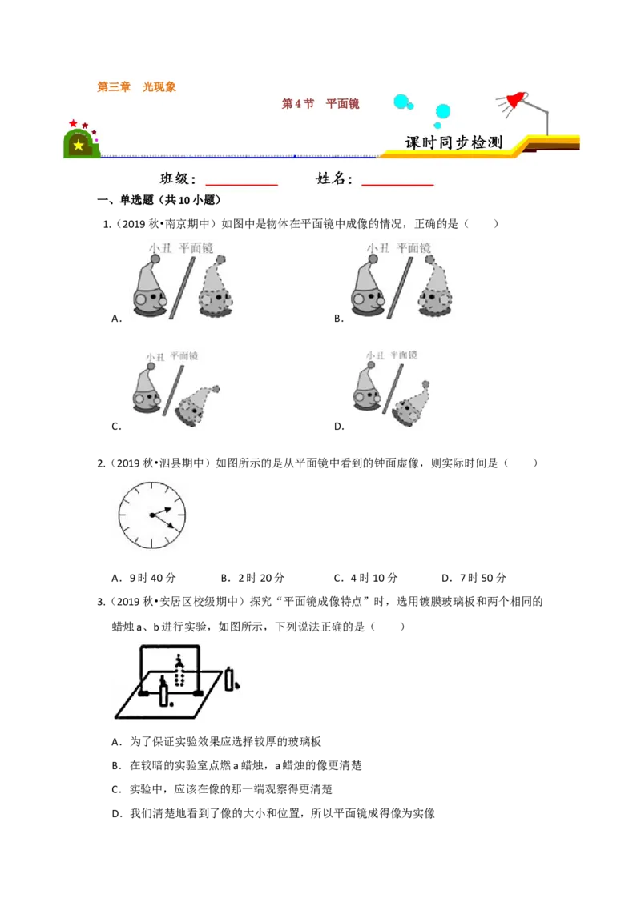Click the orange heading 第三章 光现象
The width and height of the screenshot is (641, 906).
[x=136, y=87]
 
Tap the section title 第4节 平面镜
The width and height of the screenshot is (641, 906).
[x=320, y=104]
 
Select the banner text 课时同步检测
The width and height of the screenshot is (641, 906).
[x=454, y=142]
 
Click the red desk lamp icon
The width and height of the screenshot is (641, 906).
[x=514, y=101]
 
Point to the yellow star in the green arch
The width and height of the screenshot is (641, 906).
[x=78, y=146]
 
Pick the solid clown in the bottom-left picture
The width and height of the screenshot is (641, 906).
[x=147, y=390]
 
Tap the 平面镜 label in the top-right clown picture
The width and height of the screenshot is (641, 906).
[x=413, y=248]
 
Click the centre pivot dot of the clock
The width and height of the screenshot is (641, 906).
[x=151, y=515]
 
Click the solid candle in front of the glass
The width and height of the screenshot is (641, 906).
[x=165, y=691]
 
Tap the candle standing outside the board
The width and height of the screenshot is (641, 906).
[x=231, y=679]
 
